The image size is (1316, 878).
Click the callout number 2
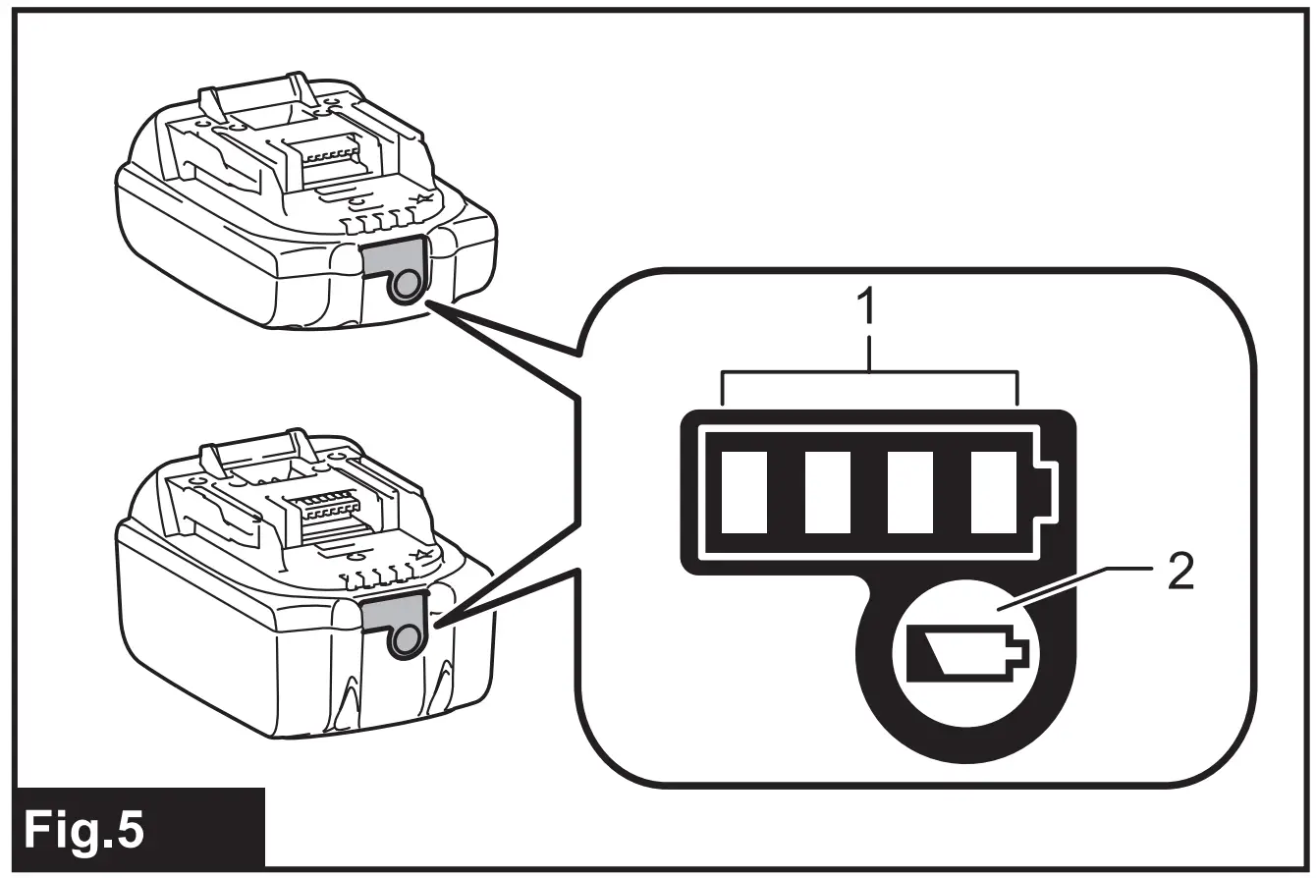[1180, 572]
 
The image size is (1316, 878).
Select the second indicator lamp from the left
[827, 492]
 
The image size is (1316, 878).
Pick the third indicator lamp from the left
[909, 492]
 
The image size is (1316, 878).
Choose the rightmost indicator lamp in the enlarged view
[993, 492]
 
